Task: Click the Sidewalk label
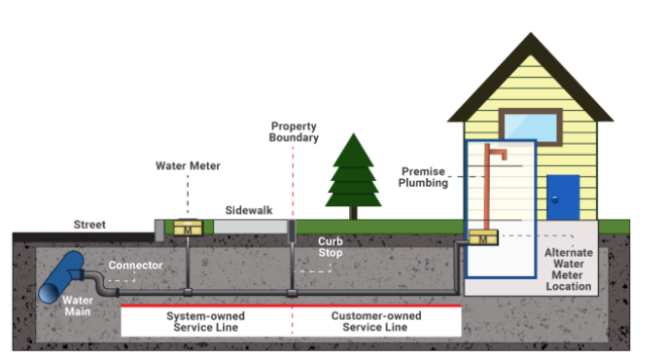248,209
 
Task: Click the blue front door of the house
563,198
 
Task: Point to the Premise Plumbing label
424,176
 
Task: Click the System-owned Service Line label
206,322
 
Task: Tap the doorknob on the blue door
555,199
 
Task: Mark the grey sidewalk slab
250,226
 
